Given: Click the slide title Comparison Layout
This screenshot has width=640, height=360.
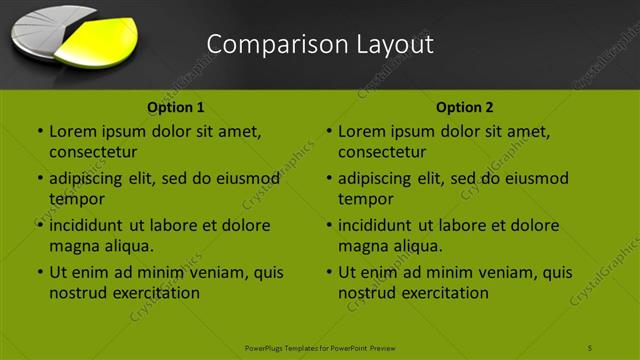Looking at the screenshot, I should pos(320,45).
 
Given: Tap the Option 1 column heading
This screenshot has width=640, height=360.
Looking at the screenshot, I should pos(176,107).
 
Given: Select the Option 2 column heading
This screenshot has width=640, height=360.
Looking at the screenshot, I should pos(465,107).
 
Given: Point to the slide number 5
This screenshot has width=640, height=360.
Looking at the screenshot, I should pos(590,347).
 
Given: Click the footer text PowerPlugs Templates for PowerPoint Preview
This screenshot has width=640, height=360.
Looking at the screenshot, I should pos(320,347).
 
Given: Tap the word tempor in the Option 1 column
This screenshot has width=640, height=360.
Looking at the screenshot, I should pos(77,199).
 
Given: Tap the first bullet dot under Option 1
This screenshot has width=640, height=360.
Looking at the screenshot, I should pos(39,131).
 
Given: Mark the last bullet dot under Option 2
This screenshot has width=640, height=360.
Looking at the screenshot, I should pos(328,272).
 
